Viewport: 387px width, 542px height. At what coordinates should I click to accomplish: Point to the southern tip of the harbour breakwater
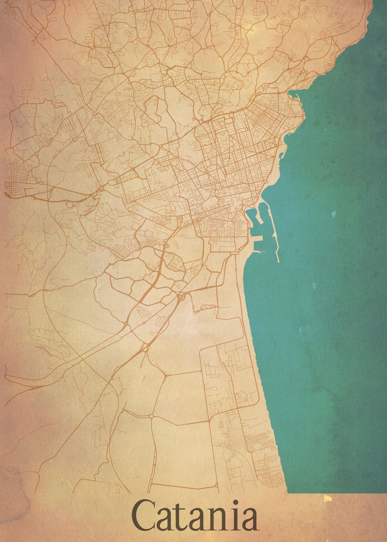coord(278,261)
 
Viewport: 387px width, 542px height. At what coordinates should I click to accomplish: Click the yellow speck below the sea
coord(327,498)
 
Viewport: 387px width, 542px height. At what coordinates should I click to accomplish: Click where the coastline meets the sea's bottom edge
coord(287,493)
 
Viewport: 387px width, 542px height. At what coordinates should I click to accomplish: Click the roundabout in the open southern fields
coord(152,416)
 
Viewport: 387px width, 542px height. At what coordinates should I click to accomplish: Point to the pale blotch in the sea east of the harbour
coord(333,214)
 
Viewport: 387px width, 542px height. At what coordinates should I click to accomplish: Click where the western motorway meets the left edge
coord(5,195)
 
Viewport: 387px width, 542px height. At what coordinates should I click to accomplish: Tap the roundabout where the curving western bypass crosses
coord(45,290)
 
